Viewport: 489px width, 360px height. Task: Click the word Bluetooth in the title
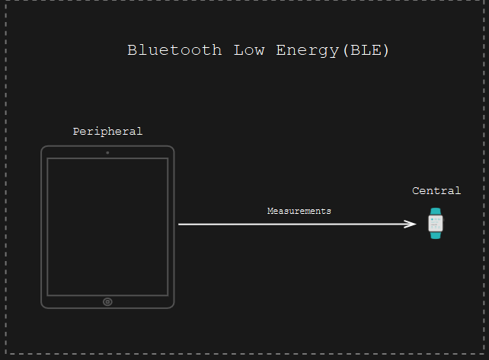click(174, 50)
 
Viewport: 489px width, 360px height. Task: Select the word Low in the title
click(249, 50)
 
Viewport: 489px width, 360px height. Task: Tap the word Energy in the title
click(307, 51)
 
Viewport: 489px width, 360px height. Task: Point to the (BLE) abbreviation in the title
click(366, 50)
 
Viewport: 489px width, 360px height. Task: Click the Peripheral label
click(107, 132)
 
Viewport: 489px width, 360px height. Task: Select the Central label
click(436, 190)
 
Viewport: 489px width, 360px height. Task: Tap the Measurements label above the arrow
click(299, 211)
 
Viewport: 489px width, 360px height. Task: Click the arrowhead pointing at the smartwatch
click(412, 224)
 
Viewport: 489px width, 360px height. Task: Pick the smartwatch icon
click(436, 224)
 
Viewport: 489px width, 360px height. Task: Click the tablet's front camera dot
click(107, 153)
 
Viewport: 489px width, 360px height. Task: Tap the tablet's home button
click(107, 301)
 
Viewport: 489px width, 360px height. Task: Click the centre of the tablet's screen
click(107, 227)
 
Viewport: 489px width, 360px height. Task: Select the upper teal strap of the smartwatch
click(436, 212)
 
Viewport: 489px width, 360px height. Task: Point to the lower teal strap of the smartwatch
click(436, 235)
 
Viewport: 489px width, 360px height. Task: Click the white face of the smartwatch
click(436, 224)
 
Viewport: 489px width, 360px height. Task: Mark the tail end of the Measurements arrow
click(178, 225)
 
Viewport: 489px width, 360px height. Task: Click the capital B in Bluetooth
click(133, 50)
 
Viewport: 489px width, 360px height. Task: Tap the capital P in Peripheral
click(76, 131)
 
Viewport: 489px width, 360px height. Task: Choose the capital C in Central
click(416, 190)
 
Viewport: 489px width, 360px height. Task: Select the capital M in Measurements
click(271, 211)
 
